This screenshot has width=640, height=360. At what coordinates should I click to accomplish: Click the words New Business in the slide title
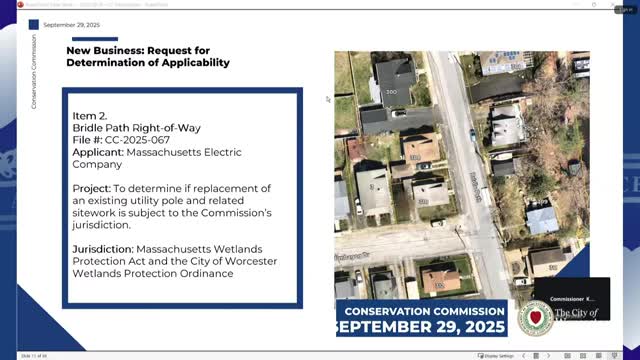[x=106, y=49]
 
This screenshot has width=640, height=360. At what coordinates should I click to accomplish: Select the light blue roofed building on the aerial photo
[x=541, y=219]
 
